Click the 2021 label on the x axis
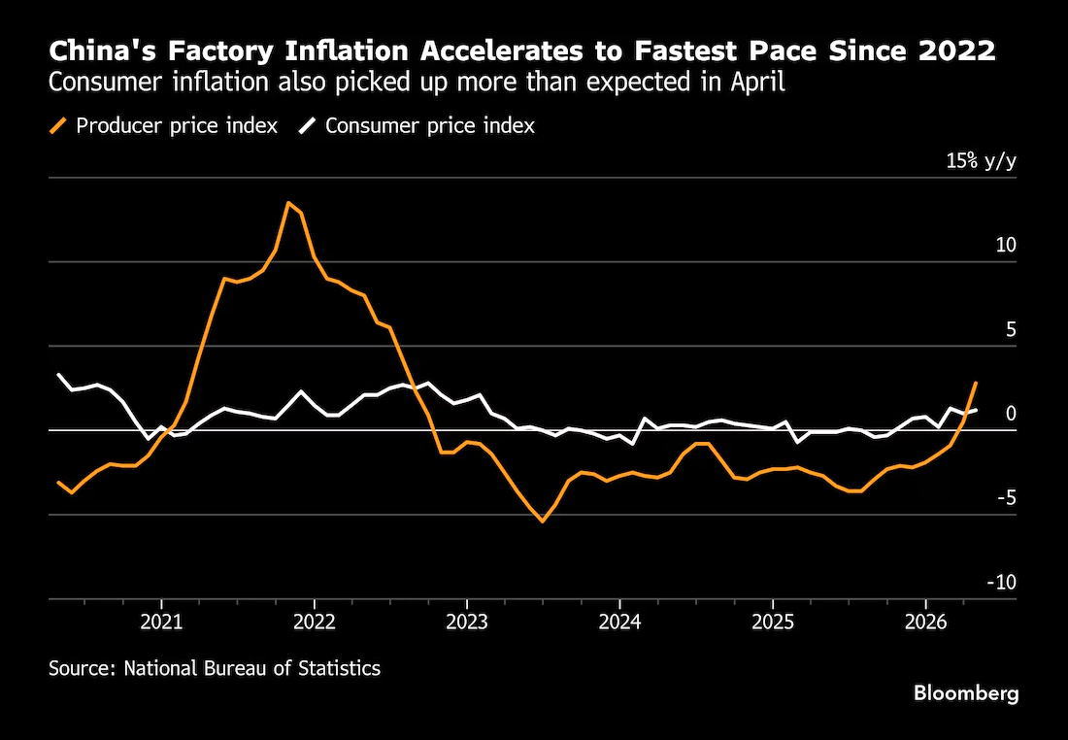point(161,622)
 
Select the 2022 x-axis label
point(314,622)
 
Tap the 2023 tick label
point(467,622)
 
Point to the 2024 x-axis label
point(619,622)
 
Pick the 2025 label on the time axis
point(773,622)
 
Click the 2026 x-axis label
point(925,622)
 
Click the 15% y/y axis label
point(981,161)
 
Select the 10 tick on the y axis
point(1006,246)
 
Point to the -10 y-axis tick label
point(1000,583)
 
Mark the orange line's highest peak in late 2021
point(288,202)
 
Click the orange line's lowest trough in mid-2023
point(543,521)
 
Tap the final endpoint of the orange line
point(976,383)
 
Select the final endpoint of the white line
point(976,410)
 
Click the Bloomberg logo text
point(966,694)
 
